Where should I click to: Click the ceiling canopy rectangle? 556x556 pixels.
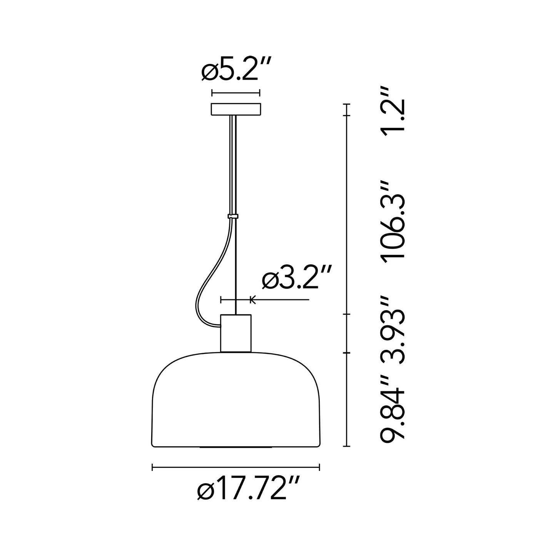coord(235,109)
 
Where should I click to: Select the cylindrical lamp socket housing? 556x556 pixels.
coord(235,333)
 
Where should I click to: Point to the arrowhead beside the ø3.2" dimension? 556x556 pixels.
coord(252,299)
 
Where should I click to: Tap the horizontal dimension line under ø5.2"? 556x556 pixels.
coord(235,93)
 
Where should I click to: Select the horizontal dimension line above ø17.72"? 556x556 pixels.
coord(235,468)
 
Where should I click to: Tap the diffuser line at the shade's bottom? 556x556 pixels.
coord(235,447)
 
